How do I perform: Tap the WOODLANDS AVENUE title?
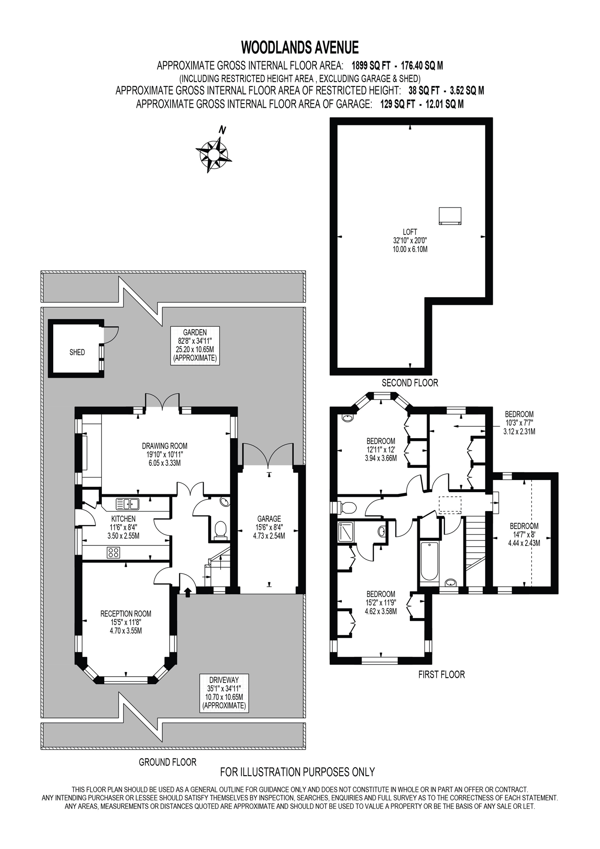pos(300,47)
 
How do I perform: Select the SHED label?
pos(77,352)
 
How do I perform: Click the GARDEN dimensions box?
pos(195,345)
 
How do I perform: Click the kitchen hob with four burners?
pos(113,553)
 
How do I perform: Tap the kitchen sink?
pos(127,504)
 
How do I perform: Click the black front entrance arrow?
pos(187,591)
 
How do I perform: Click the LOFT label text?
pos(410,232)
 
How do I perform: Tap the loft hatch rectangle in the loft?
pos(450,216)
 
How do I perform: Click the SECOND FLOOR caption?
pos(410,383)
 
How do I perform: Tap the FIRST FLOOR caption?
pos(442,675)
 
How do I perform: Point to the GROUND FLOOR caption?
pos(168,762)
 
